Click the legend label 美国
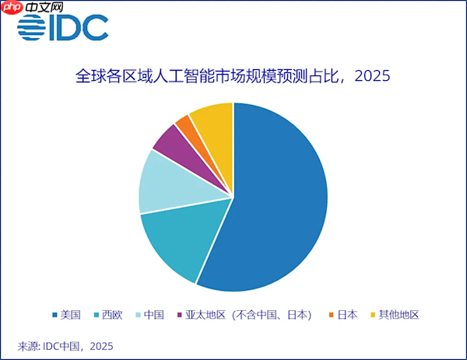pos(71,315)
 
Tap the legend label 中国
pos(154,315)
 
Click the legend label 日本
pos(348,315)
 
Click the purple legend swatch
pos(180,316)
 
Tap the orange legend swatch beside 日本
pos(332,316)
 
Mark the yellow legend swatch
pos(372,316)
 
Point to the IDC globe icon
pos(31,29)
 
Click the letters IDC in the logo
pos(79,29)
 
